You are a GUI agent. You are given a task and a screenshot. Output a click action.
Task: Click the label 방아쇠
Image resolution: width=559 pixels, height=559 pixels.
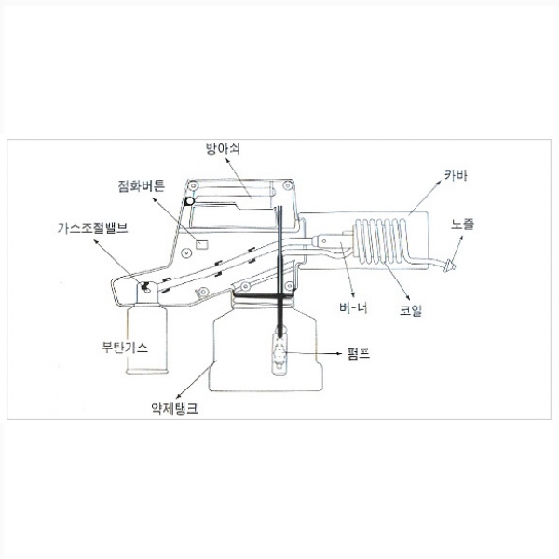(223, 148)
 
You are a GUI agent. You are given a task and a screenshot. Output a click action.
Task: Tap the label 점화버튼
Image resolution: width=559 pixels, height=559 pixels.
(142, 185)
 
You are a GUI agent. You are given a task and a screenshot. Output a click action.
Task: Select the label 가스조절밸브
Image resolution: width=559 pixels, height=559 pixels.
(92, 228)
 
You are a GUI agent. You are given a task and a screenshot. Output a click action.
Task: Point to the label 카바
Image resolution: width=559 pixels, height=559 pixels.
(456, 175)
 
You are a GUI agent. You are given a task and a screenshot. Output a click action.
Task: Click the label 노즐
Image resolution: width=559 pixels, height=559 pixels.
(463, 225)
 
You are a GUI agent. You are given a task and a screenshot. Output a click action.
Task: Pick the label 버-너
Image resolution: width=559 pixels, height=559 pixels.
(354, 307)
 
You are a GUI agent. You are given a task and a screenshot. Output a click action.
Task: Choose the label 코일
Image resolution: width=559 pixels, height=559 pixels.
(411, 309)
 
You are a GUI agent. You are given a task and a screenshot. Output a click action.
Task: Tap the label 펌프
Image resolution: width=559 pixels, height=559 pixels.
(359, 354)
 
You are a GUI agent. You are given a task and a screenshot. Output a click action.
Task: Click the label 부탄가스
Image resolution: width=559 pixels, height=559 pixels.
(125, 347)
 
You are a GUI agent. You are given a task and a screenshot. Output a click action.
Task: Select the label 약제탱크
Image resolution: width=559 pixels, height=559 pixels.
(174, 408)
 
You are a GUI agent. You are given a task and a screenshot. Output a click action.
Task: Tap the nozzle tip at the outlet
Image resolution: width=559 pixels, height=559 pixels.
(451, 266)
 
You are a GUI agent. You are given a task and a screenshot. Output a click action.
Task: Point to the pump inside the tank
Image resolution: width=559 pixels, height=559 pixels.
(279, 353)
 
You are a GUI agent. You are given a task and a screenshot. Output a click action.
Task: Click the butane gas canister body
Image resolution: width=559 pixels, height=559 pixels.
(147, 339)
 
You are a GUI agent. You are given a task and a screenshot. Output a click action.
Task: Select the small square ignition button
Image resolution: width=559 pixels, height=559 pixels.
(202, 244)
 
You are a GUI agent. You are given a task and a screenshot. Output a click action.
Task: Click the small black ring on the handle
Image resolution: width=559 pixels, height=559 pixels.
(190, 202)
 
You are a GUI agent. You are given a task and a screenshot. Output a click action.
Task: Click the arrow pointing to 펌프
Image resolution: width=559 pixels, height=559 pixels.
(313, 353)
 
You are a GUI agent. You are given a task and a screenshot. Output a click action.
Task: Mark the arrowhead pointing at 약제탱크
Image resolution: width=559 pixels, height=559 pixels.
(178, 396)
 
